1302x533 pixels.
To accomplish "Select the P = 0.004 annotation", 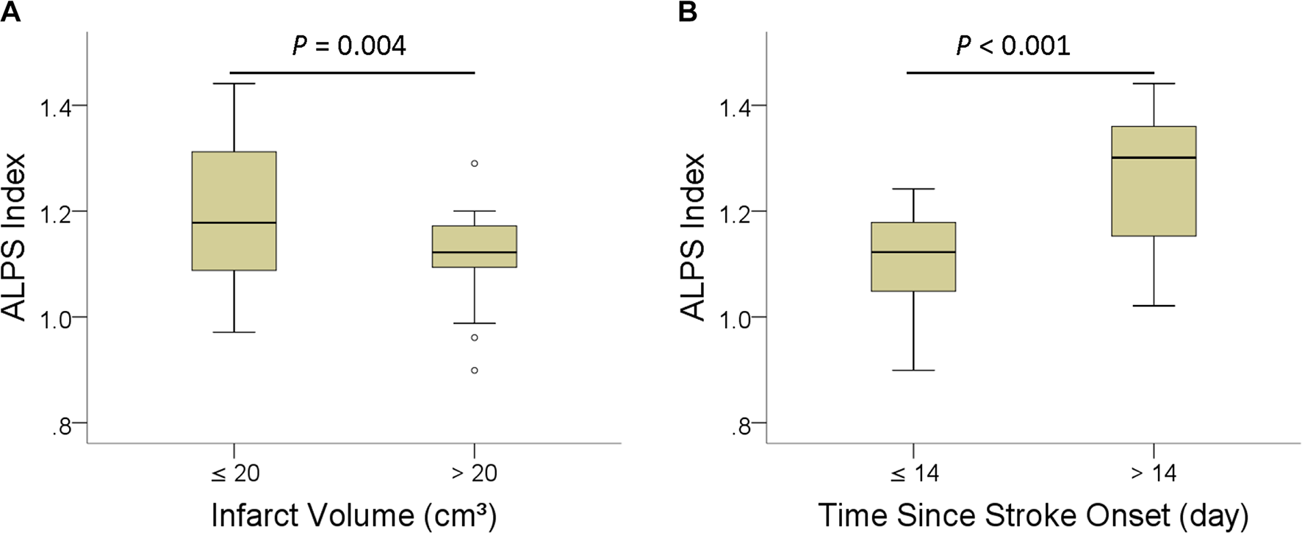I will [x=349, y=46].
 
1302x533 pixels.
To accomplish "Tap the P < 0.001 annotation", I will [x=1013, y=46].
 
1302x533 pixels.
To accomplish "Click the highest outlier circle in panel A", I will [x=474, y=163].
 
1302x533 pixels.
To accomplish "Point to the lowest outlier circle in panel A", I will [x=474, y=371].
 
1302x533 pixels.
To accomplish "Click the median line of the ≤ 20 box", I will [x=234, y=222].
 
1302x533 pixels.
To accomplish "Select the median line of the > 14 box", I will [x=1154, y=157].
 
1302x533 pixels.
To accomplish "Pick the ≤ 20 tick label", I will [x=235, y=473].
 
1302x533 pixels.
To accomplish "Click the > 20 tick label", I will [x=474, y=473].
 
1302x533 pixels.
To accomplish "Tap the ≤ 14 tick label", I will [x=914, y=473].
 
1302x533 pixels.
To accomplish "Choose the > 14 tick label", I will [x=1153, y=473].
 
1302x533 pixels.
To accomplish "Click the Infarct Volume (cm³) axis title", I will [x=353, y=515].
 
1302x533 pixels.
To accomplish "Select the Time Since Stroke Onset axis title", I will [x=1033, y=515].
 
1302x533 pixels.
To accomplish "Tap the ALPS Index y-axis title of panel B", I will [x=693, y=237].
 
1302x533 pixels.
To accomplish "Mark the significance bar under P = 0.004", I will [x=353, y=73].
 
